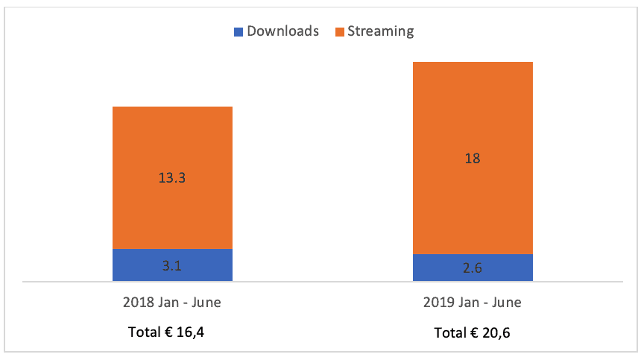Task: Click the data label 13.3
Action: coord(172,178)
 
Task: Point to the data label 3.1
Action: coord(172,265)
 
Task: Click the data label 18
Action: coord(473,158)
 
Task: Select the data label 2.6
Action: coord(473,268)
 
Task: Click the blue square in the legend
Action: coord(239,31)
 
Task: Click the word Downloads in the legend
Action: coord(282,31)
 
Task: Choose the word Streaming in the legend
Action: coord(381,31)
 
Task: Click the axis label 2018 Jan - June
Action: coord(172,303)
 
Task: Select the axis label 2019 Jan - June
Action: coord(473,303)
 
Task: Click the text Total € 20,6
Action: coord(473,332)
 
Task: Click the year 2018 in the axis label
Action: coord(137,303)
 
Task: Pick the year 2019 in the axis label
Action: coord(438,303)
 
